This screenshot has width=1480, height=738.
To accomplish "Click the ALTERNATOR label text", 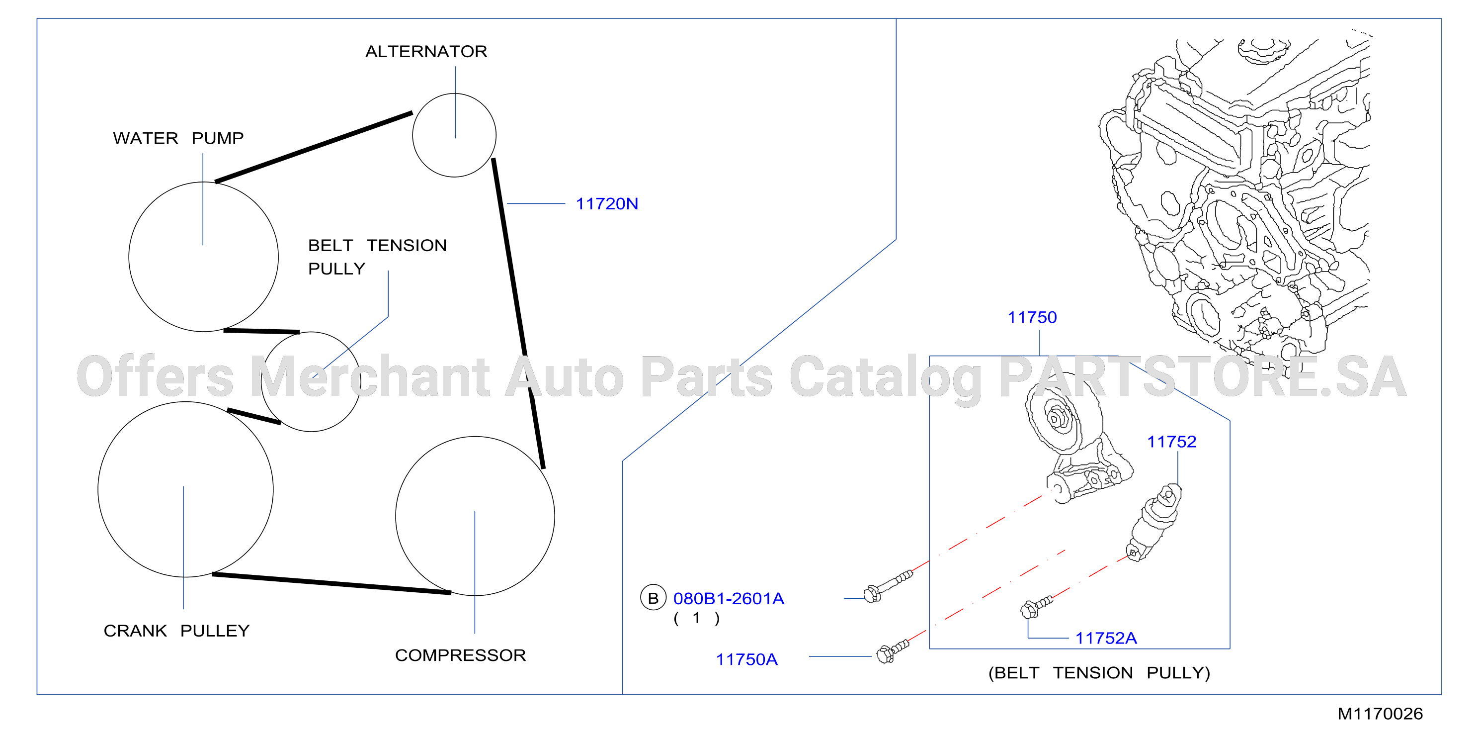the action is coord(426,52).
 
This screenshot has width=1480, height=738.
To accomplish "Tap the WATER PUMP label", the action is coord(178,139).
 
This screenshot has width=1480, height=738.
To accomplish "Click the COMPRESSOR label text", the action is coord(460,655).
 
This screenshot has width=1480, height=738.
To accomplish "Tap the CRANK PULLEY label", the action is coord(176,631).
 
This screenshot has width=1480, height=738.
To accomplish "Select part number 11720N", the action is coord(607,204).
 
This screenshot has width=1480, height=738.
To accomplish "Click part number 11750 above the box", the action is coord(1032,317).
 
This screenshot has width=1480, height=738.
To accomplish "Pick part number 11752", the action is coord(1171,442).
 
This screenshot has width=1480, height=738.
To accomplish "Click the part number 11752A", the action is coord(1106,638).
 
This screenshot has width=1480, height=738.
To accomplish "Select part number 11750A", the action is coord(746,659).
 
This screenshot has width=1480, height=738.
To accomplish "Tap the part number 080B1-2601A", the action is coord(729,599).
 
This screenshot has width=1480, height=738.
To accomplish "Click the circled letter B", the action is coord(653,598).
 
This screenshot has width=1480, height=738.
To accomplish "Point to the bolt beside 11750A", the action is coord(893,651).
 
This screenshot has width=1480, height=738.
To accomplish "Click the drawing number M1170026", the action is coord(1380,714).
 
